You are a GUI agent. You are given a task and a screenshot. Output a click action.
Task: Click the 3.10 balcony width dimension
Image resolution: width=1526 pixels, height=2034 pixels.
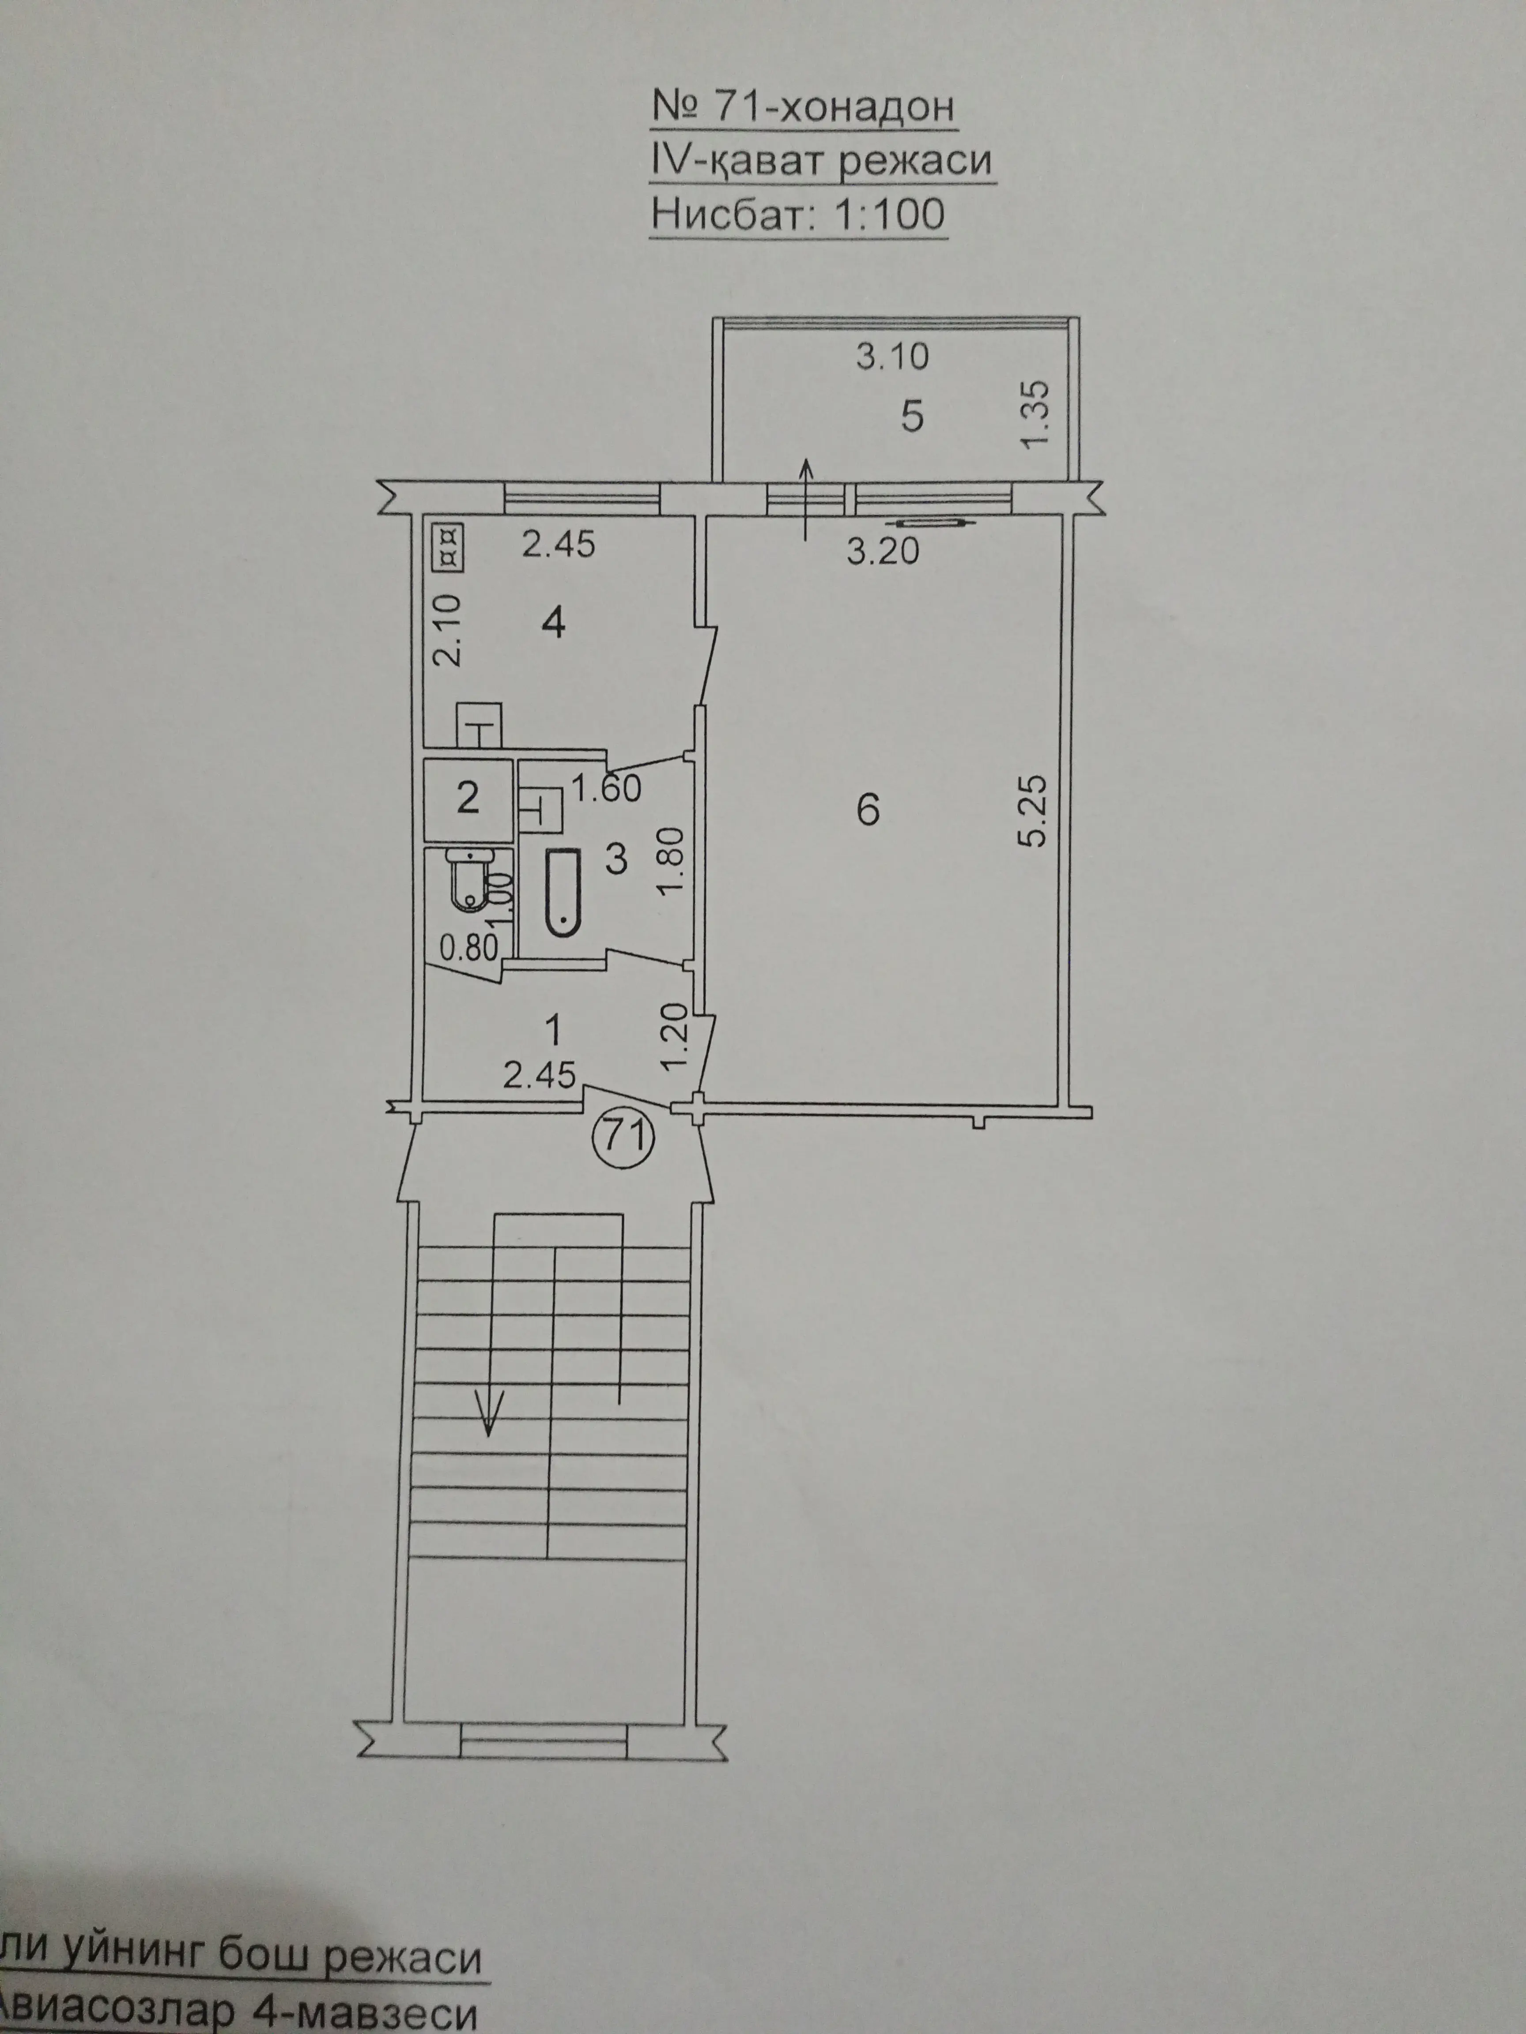(x=892, y=356)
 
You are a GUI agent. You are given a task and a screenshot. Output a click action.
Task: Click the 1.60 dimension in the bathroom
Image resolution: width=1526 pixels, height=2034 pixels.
(x=605, y=788)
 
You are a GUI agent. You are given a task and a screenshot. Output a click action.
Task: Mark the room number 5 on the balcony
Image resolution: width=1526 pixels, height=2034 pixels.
(x=911, y=418)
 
